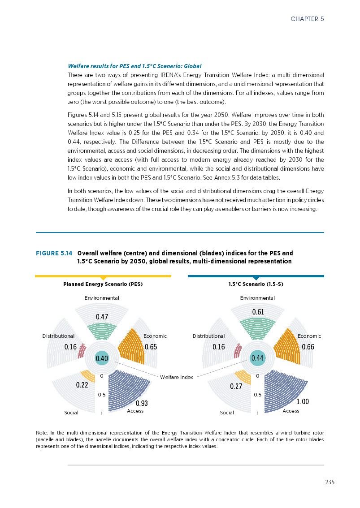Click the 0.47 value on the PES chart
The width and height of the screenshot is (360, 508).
click(103, 317)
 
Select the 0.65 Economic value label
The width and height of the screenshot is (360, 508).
click(151, 347)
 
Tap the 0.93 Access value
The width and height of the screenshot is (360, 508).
click(142, 403)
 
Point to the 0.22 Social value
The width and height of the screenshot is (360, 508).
click(82, 385)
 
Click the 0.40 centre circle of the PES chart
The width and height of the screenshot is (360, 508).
click(102, 358)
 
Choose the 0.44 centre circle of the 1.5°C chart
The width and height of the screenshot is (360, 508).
click(258, 358)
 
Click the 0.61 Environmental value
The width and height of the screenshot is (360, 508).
click(258, 312)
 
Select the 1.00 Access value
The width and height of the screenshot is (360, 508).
click(303, 402)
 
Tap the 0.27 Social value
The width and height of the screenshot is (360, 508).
click(236, 386)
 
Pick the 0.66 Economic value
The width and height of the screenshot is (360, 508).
click(308, 347)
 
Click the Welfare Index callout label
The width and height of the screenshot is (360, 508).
click(177, 377)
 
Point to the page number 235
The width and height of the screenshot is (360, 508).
click(330, 482)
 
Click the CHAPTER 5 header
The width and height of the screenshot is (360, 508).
click(307, 19)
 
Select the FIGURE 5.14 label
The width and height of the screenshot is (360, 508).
click(54, 253)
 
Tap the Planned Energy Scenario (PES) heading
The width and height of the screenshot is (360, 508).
click(103, 284)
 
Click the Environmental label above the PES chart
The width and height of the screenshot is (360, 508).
click(102, 298)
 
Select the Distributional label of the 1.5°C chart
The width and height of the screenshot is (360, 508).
click(208, 336)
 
